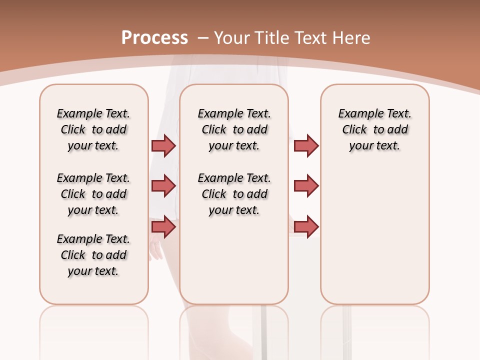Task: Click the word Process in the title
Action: pos(154,37)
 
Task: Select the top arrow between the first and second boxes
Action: pos(163,145)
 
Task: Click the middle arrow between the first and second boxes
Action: pos(163,186)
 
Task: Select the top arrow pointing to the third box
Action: pos(306,145)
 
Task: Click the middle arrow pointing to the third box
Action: pos(306,186)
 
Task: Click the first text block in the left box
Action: pos(93,129)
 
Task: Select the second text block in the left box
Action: pos(93,194)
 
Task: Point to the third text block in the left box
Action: pos(93,255)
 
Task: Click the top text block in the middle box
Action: pos(234,129)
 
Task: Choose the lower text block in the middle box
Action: pos(234,194)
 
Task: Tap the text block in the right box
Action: pos(374,129)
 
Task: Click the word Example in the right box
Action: pos(357,114)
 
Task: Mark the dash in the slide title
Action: pos(203,38)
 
